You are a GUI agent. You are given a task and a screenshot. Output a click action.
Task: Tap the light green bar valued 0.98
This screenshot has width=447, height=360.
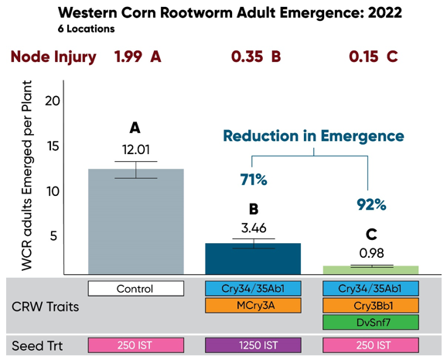[370, 269]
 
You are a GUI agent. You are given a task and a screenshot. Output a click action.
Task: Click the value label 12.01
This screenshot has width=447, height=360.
[135, 149]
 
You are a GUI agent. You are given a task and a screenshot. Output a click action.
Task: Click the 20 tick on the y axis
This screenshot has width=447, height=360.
[53, 100]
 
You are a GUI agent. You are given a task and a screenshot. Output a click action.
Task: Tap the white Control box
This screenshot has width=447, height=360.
[135, 289]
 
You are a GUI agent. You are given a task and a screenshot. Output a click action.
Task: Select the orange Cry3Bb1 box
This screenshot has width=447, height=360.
[370, 306]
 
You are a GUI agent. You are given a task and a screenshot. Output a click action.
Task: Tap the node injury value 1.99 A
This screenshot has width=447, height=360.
[138, 57]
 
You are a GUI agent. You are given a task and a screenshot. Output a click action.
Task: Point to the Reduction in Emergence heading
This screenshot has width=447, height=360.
[313, 135]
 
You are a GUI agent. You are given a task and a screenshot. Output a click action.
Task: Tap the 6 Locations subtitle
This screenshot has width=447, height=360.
[87, 29]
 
